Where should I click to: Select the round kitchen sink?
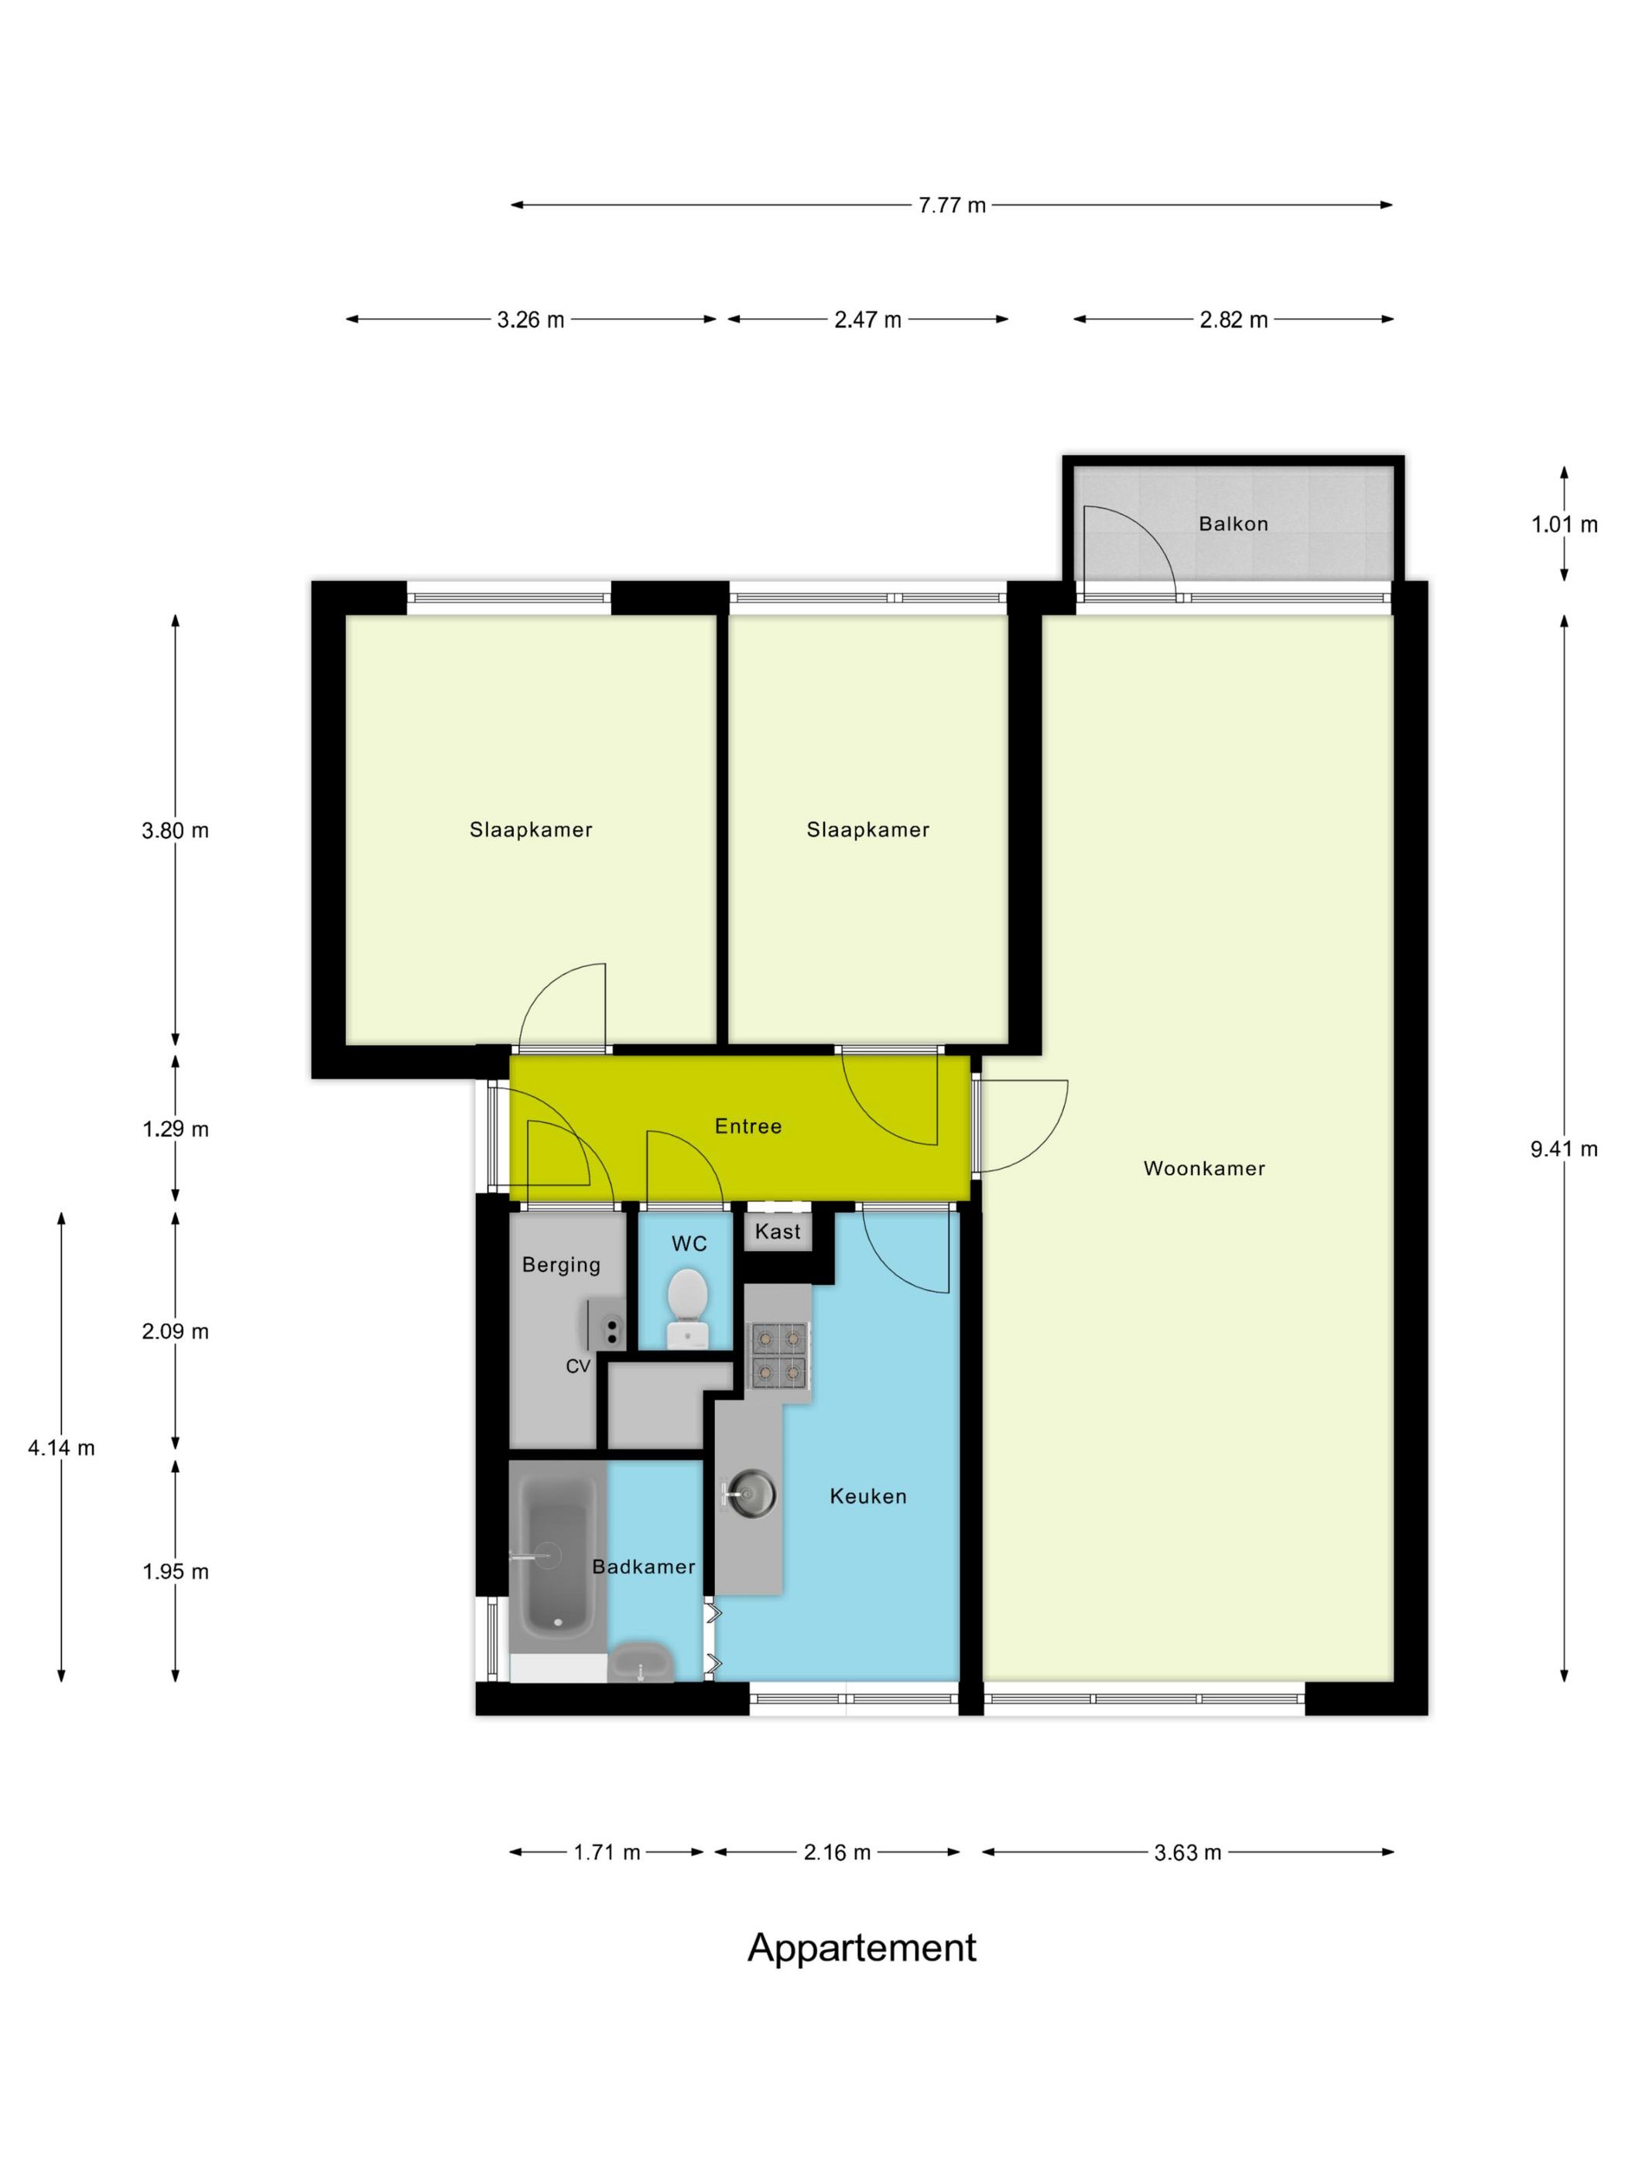[x=751, y=1495]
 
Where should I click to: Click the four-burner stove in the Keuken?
[x=778, y=1355]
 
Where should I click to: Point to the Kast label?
[x=778, y=1232]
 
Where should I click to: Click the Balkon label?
[x=1233, y=524]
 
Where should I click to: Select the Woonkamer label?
[x=1204, y=1168]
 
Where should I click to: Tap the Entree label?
[x=748, y=1126]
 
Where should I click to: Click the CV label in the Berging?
[x=578, y=1366]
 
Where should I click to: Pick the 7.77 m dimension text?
[x=951, y=206]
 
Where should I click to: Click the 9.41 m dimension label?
[x=1563, y=1150]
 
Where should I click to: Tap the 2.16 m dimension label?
[x=836, y=1853]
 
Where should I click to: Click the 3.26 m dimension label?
[x=530, y=320]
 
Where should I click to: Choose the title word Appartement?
[x=861, y=1949]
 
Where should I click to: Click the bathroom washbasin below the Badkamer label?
[x=641, y=1662]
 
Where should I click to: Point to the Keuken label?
[x=868, y=1496]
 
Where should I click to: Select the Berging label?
[x=560, y=1265]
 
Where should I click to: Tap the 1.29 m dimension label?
[x=176, y=1129]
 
